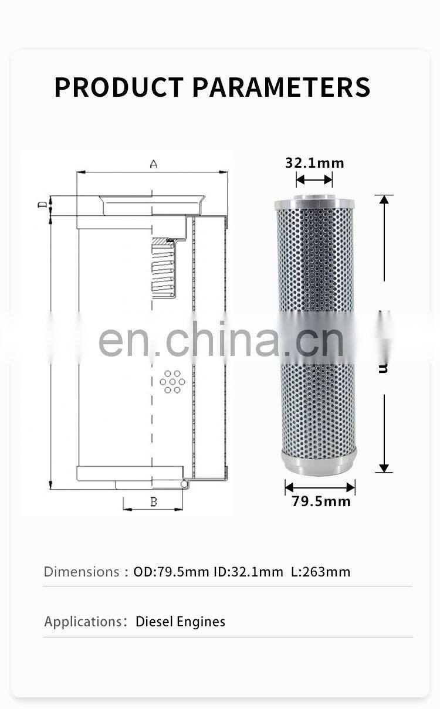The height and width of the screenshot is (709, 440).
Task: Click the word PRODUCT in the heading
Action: [119, 87]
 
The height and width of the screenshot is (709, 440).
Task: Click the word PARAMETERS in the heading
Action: [282, 87]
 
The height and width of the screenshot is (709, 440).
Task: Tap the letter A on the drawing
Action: [154, 164]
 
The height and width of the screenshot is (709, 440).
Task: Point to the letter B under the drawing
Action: [154, 501]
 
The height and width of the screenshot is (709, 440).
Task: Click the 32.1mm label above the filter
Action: [314, 162]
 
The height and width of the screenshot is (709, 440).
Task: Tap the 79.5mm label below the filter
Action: [321, 501]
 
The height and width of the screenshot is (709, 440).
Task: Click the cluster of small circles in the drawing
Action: [172, 381]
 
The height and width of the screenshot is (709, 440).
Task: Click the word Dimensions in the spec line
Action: [82, 571]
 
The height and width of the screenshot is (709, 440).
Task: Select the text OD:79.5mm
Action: [171, 571]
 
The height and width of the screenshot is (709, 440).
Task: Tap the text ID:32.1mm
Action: [247, 571]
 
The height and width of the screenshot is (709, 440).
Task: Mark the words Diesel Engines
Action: [180, 622]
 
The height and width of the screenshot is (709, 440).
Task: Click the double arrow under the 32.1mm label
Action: [314, 179]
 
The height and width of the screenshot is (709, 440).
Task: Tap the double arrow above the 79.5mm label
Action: [320, 487]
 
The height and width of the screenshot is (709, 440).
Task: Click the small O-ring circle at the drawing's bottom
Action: [184, 483]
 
